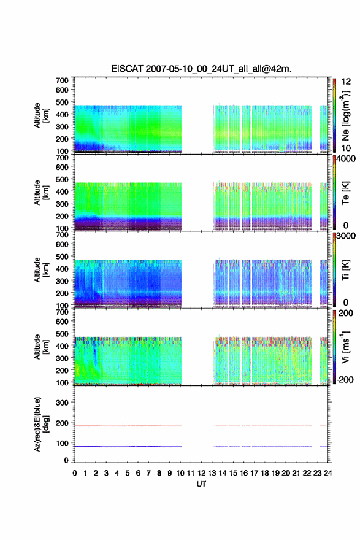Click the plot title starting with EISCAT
pos(201,69)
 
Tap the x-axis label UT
pos(201,484)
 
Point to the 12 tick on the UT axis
pos(201,473)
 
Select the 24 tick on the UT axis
pos(328,473)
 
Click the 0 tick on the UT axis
pos(75,473)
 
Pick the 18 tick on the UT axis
pos(265,473)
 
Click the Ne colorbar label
pos(345,116)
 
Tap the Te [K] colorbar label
pos(345,193)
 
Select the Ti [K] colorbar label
pos(345,269)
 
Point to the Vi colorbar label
pos(345,347)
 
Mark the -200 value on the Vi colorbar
pos(344,379)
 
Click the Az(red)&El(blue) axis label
pos(41,424)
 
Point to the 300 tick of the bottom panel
pos(63,403)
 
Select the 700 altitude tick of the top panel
pos(63,80)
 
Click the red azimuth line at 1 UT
pos(85,426)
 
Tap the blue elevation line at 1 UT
pos(85,446)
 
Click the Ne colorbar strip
pos(334,115)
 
